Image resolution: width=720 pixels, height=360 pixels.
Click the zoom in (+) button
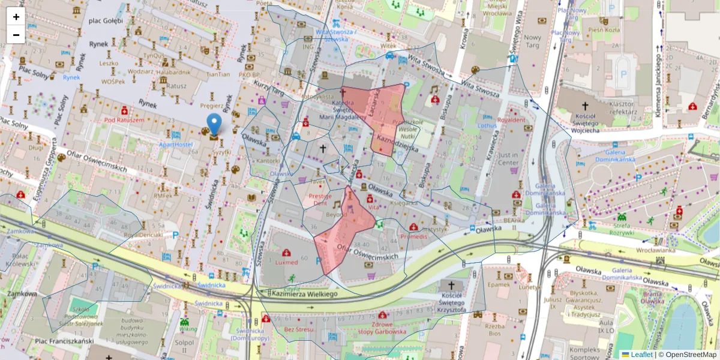[16, 17]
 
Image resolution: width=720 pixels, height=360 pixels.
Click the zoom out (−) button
[16, 35]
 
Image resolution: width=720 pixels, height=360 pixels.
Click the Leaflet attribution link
[641, 355]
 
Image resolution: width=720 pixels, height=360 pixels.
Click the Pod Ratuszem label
[124, 119]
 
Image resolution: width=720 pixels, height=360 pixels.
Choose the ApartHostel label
[175, 145]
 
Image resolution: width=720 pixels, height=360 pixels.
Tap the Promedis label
[413, 236]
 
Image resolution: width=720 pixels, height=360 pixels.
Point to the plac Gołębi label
[106, 21]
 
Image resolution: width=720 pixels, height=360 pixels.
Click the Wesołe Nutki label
[407, 131]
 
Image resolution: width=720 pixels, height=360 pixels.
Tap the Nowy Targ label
[532, 41]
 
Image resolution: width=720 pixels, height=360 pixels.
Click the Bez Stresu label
[299, 329]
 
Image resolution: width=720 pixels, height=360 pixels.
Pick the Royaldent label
[511, 119]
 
